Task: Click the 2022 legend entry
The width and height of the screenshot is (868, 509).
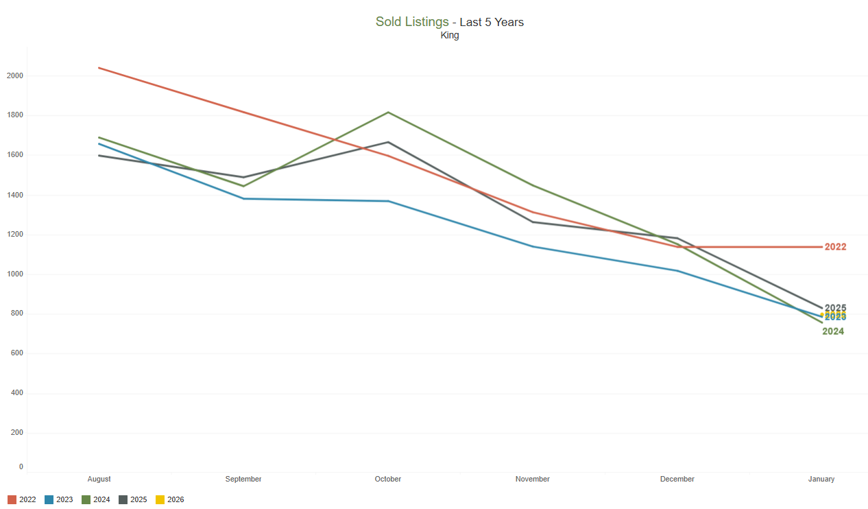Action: (22, 499)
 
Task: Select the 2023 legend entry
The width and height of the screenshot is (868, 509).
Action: (59, 499)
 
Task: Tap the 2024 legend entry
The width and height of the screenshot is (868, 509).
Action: (96, 499)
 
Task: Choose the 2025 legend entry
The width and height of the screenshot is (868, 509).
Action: (133, 499)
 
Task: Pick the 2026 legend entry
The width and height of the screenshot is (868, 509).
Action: (170, 499)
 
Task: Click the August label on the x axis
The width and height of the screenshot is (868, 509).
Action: (99, 479)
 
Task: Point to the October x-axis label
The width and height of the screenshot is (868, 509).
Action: (388, 479)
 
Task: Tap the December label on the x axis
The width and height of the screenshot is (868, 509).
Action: (677, 479)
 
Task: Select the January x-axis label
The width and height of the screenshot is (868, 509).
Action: (821, 479)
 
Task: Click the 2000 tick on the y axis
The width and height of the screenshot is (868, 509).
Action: (15, 75)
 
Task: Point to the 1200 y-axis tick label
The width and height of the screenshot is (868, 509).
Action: (15, 235)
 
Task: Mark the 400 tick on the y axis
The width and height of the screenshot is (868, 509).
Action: (16, 393)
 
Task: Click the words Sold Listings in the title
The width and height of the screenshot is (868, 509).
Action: (412, 22)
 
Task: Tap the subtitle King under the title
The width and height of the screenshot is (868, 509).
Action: (450, 36)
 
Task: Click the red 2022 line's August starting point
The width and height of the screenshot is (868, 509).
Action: (99, 68)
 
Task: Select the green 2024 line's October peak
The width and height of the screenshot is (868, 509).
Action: (389, 113)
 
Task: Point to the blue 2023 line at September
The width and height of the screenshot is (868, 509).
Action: (244, 198)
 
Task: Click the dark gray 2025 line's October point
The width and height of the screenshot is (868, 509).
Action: (389, 142)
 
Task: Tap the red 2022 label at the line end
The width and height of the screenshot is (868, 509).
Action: (835, 247)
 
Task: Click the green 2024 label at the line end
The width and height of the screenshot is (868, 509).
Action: (833, 331)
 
